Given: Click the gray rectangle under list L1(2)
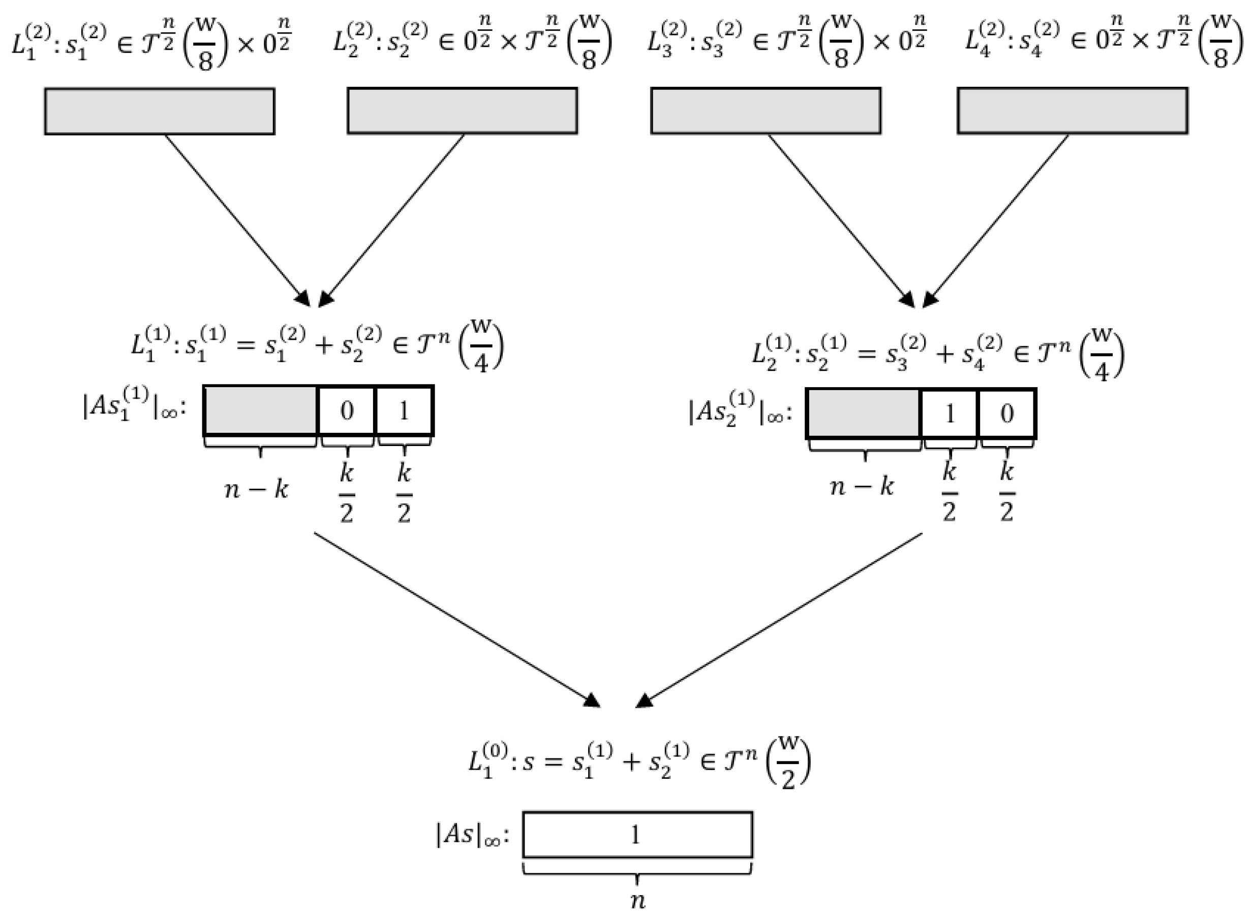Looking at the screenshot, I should [x=160, y=111].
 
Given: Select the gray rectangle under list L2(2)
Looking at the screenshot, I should [x=462, y=110].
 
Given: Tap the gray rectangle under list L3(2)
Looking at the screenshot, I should [x=766, y=110].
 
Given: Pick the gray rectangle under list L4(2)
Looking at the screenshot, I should [x=1072, y=110].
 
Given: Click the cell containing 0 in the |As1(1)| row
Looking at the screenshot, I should [x=347, y=411].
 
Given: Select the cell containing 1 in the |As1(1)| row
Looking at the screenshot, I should [x=405, y=411].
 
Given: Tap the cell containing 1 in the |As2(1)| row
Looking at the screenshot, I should [x=950, y=414].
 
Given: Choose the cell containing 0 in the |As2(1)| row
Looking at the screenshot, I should [x=1007, y=414].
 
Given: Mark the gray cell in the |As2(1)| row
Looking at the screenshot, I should [x=864, y=414].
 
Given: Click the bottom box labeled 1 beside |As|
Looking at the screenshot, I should [x=637, y=835].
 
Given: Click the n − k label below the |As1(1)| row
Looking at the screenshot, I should [x=256, y=490].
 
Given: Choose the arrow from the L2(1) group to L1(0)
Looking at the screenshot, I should [x=781, y=618].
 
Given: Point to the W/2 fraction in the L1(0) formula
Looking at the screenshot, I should [x=787, y=763].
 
